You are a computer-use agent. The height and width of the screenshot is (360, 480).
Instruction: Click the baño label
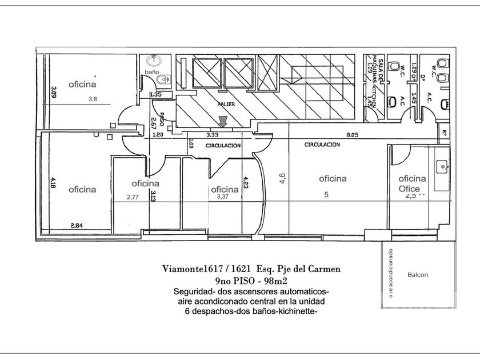pyautogui.click(x=151, y=73)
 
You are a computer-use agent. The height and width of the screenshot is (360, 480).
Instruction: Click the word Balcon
pyautogui.click(x=418, y=275)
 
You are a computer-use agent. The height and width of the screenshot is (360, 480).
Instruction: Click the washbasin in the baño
pyautogui.click(x=153, y=61)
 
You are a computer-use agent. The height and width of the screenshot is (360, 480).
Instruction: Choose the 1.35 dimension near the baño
pyautogui.click(x=155, y=94)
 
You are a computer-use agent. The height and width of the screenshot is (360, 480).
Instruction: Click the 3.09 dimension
pyautogui.click(x=53, y=93)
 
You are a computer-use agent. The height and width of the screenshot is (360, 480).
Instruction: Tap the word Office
pyautogui.click(x=409, y=189)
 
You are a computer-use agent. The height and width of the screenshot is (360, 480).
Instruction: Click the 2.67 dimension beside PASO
pyautogui.click(x=154, y=122)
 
